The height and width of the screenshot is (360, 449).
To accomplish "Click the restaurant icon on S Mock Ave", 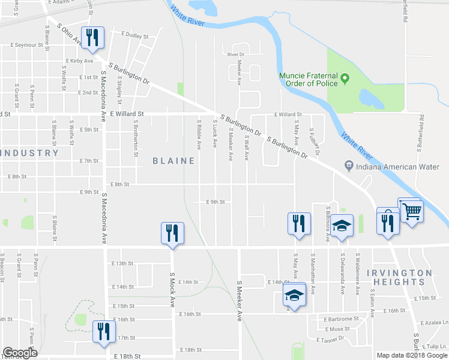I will pos(172,233).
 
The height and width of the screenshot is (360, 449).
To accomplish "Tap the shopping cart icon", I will pos(412,211).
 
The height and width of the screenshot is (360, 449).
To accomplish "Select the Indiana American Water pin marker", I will pos(348,165).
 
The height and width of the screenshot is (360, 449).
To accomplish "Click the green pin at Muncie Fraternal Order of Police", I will pos(345,77).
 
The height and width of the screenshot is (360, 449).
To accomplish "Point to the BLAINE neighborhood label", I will pos(173,161).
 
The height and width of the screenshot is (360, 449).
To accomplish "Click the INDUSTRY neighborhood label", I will pos(30,153).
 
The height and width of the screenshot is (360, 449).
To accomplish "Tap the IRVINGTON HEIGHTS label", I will pos(399,277).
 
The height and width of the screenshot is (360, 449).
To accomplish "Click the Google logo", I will pos(19,353).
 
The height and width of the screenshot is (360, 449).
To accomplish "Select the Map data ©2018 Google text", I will pos(412,355).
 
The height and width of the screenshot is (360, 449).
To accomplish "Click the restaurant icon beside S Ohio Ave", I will pos(92,38).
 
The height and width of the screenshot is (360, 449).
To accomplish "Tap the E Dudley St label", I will pos(134,35).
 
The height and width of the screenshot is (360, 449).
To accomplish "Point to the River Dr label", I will pos(237,55).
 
